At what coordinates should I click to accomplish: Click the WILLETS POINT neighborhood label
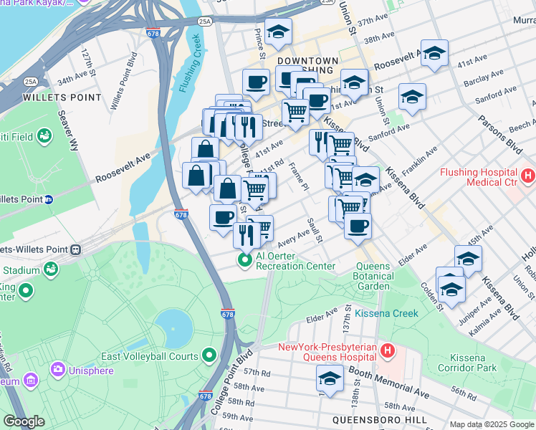click(51, 96)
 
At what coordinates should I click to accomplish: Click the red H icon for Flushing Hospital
click(528, 173)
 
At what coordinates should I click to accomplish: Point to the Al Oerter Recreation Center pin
click(244, 259)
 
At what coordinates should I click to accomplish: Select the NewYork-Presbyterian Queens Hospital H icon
click(388, 350)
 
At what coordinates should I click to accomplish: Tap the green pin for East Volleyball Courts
click(210, 355)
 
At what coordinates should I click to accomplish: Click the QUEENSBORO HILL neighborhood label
click(379, 420)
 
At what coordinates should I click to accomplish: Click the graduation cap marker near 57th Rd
click(330, 378)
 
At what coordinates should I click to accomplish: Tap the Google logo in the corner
click(24, 421)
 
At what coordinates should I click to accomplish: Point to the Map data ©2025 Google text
click(491, 424)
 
